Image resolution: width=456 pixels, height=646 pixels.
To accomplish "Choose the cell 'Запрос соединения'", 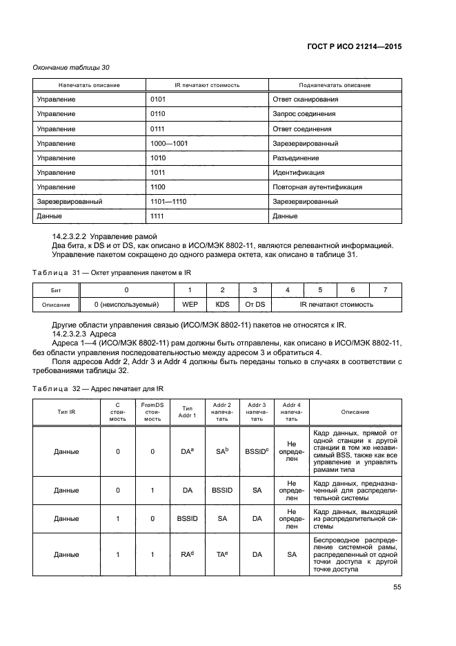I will pos(304,114).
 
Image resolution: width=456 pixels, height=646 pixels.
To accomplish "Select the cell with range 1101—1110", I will pos(169,202).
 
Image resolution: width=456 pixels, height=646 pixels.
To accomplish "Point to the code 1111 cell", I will pos(158,216).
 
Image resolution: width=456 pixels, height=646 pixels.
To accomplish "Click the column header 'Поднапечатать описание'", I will pos(335,85).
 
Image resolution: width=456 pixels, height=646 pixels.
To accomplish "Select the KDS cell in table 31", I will pos(222,304).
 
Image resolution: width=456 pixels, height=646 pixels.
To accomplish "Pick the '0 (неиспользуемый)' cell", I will pos(126,304).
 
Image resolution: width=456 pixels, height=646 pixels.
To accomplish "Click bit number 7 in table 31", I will pos(385,290).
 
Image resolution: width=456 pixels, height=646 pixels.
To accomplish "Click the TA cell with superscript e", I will pos(222,554).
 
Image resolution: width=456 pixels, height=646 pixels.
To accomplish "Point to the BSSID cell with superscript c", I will pos(257,451).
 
